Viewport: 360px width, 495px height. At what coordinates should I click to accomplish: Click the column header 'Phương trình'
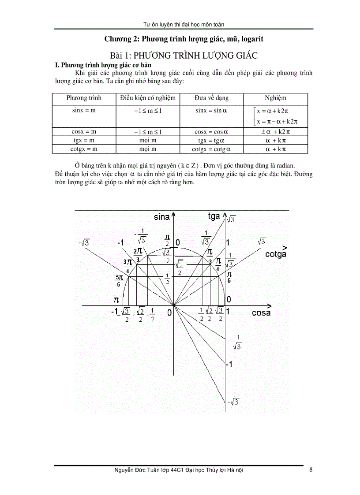tap(84, 98)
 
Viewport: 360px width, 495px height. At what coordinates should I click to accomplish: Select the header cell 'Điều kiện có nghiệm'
tap(148, 98)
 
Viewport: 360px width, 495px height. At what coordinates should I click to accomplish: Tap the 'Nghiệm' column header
tap(275, 98)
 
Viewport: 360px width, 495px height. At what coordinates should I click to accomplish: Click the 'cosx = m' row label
tap(84, 131)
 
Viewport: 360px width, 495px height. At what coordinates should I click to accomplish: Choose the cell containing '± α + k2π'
tap(275, 131)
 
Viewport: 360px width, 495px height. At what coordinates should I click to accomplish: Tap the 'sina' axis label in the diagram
tap(162, 217)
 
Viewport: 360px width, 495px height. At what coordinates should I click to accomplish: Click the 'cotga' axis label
tap(276, 254)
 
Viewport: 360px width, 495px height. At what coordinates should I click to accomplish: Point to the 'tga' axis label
tap(214, 216)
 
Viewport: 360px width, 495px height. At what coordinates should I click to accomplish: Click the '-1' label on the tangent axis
tap(228, 364)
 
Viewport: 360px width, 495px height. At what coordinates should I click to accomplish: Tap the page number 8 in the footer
tap(311, 469)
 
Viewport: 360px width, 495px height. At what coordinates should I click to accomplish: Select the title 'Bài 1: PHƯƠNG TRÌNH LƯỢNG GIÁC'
tap(184, 56)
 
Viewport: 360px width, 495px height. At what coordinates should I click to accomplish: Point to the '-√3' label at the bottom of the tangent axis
tap(233, 402)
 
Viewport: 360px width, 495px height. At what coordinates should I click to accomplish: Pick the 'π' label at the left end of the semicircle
tap(116, 300)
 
